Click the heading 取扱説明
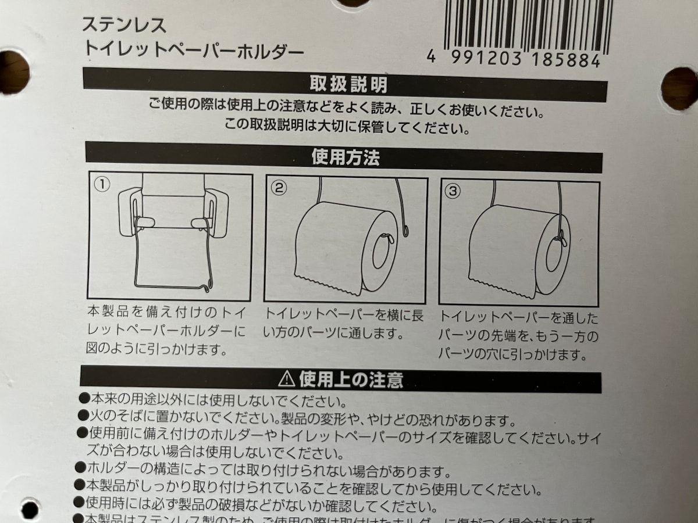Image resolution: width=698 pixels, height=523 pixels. [348, 85]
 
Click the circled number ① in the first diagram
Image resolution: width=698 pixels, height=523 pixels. [102, 185]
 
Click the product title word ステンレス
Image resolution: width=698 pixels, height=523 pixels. [123, 25]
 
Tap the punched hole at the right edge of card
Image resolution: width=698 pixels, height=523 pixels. [679, 89]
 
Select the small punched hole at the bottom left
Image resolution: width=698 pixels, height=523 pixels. [29, 510]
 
